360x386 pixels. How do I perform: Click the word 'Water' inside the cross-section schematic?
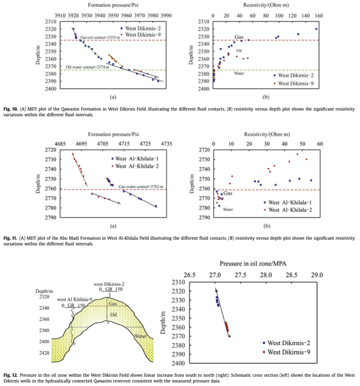(140, 336)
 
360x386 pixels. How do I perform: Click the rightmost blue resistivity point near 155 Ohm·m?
(316, 29)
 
